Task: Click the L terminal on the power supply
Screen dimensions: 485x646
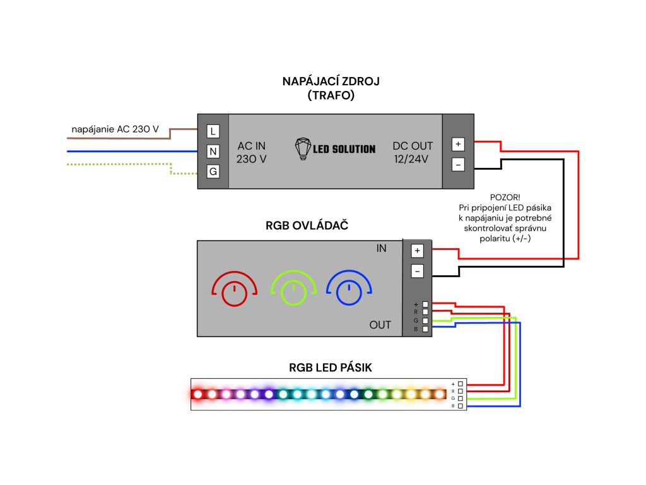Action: [213, 131]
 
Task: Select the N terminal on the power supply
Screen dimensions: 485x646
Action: [213, 152]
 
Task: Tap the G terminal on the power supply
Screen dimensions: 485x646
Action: [213, 171]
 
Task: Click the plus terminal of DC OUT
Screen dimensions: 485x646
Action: [458, 144]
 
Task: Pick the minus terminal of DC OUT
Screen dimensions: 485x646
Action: [458, 164]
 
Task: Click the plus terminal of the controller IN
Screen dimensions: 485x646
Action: [417, 251]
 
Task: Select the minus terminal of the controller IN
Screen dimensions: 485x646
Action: [417, 271]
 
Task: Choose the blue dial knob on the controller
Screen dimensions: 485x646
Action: [348, 292]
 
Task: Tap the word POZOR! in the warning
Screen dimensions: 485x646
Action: [505, 197]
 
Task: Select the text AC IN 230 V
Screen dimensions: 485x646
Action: [252, 152]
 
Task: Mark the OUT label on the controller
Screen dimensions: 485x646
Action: [380, 325]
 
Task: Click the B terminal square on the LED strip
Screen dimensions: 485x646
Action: [461, 406]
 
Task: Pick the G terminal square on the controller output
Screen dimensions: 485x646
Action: [425, 321]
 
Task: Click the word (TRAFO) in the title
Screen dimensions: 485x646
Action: [331, 96]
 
